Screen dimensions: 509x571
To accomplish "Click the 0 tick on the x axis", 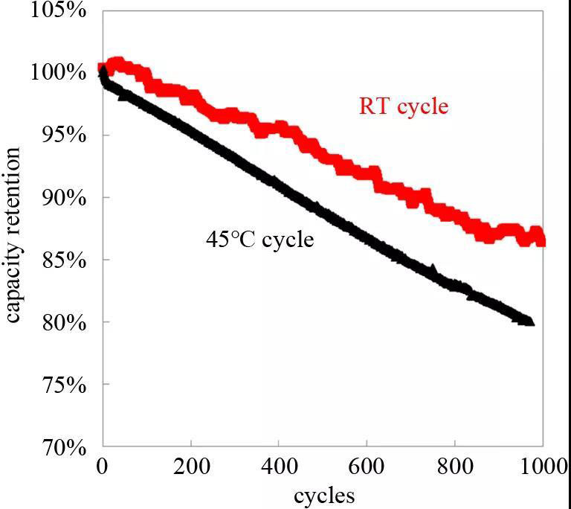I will click(x=103, y=467).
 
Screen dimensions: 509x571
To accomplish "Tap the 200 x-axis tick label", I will click(x=191, y=467).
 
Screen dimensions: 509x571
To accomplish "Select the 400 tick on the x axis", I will click(x=279, y=467).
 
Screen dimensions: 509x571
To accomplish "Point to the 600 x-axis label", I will click(x=367, y=467).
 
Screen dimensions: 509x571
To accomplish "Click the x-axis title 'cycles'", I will click(x=324, y=494).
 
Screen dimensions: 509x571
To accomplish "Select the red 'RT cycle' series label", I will click(x=404, y=106).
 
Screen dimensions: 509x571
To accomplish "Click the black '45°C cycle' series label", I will click(x=259, y=240).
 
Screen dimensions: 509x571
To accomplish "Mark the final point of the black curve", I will click(x=529, y=321).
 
